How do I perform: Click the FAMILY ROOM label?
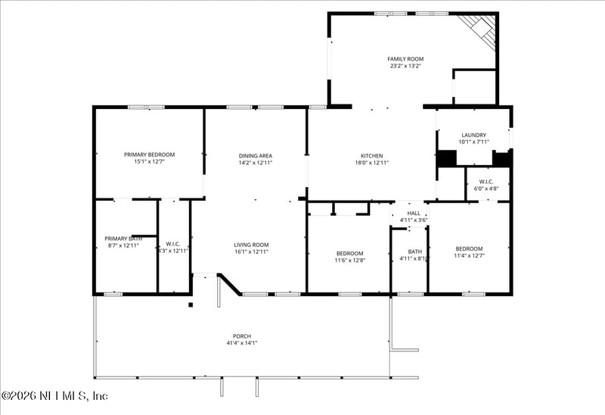(x=405, y=58)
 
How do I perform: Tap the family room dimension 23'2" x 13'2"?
(x=405, y=66)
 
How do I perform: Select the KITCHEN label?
(x=371, y=155)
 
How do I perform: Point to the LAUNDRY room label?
(x=473, y=135)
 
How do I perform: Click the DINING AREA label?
(x=255, y=155)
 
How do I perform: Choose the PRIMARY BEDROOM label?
(x=149, y=154)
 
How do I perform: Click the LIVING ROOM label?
(x=251, y=244)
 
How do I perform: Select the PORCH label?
(x=242, y=335)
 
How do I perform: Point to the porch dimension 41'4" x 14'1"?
(x=242, y=343)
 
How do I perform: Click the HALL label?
(x=414, y=214)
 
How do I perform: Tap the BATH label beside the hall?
(x=414, y=251)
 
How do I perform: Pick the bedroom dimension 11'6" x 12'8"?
(x=350, y=260)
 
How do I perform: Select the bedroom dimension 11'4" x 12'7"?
(x=469, y=256)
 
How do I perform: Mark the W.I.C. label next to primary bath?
(x=172, y=243)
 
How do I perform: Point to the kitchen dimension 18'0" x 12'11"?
(x=371, y=163)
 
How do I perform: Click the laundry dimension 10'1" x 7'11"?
(x=473, y=142)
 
